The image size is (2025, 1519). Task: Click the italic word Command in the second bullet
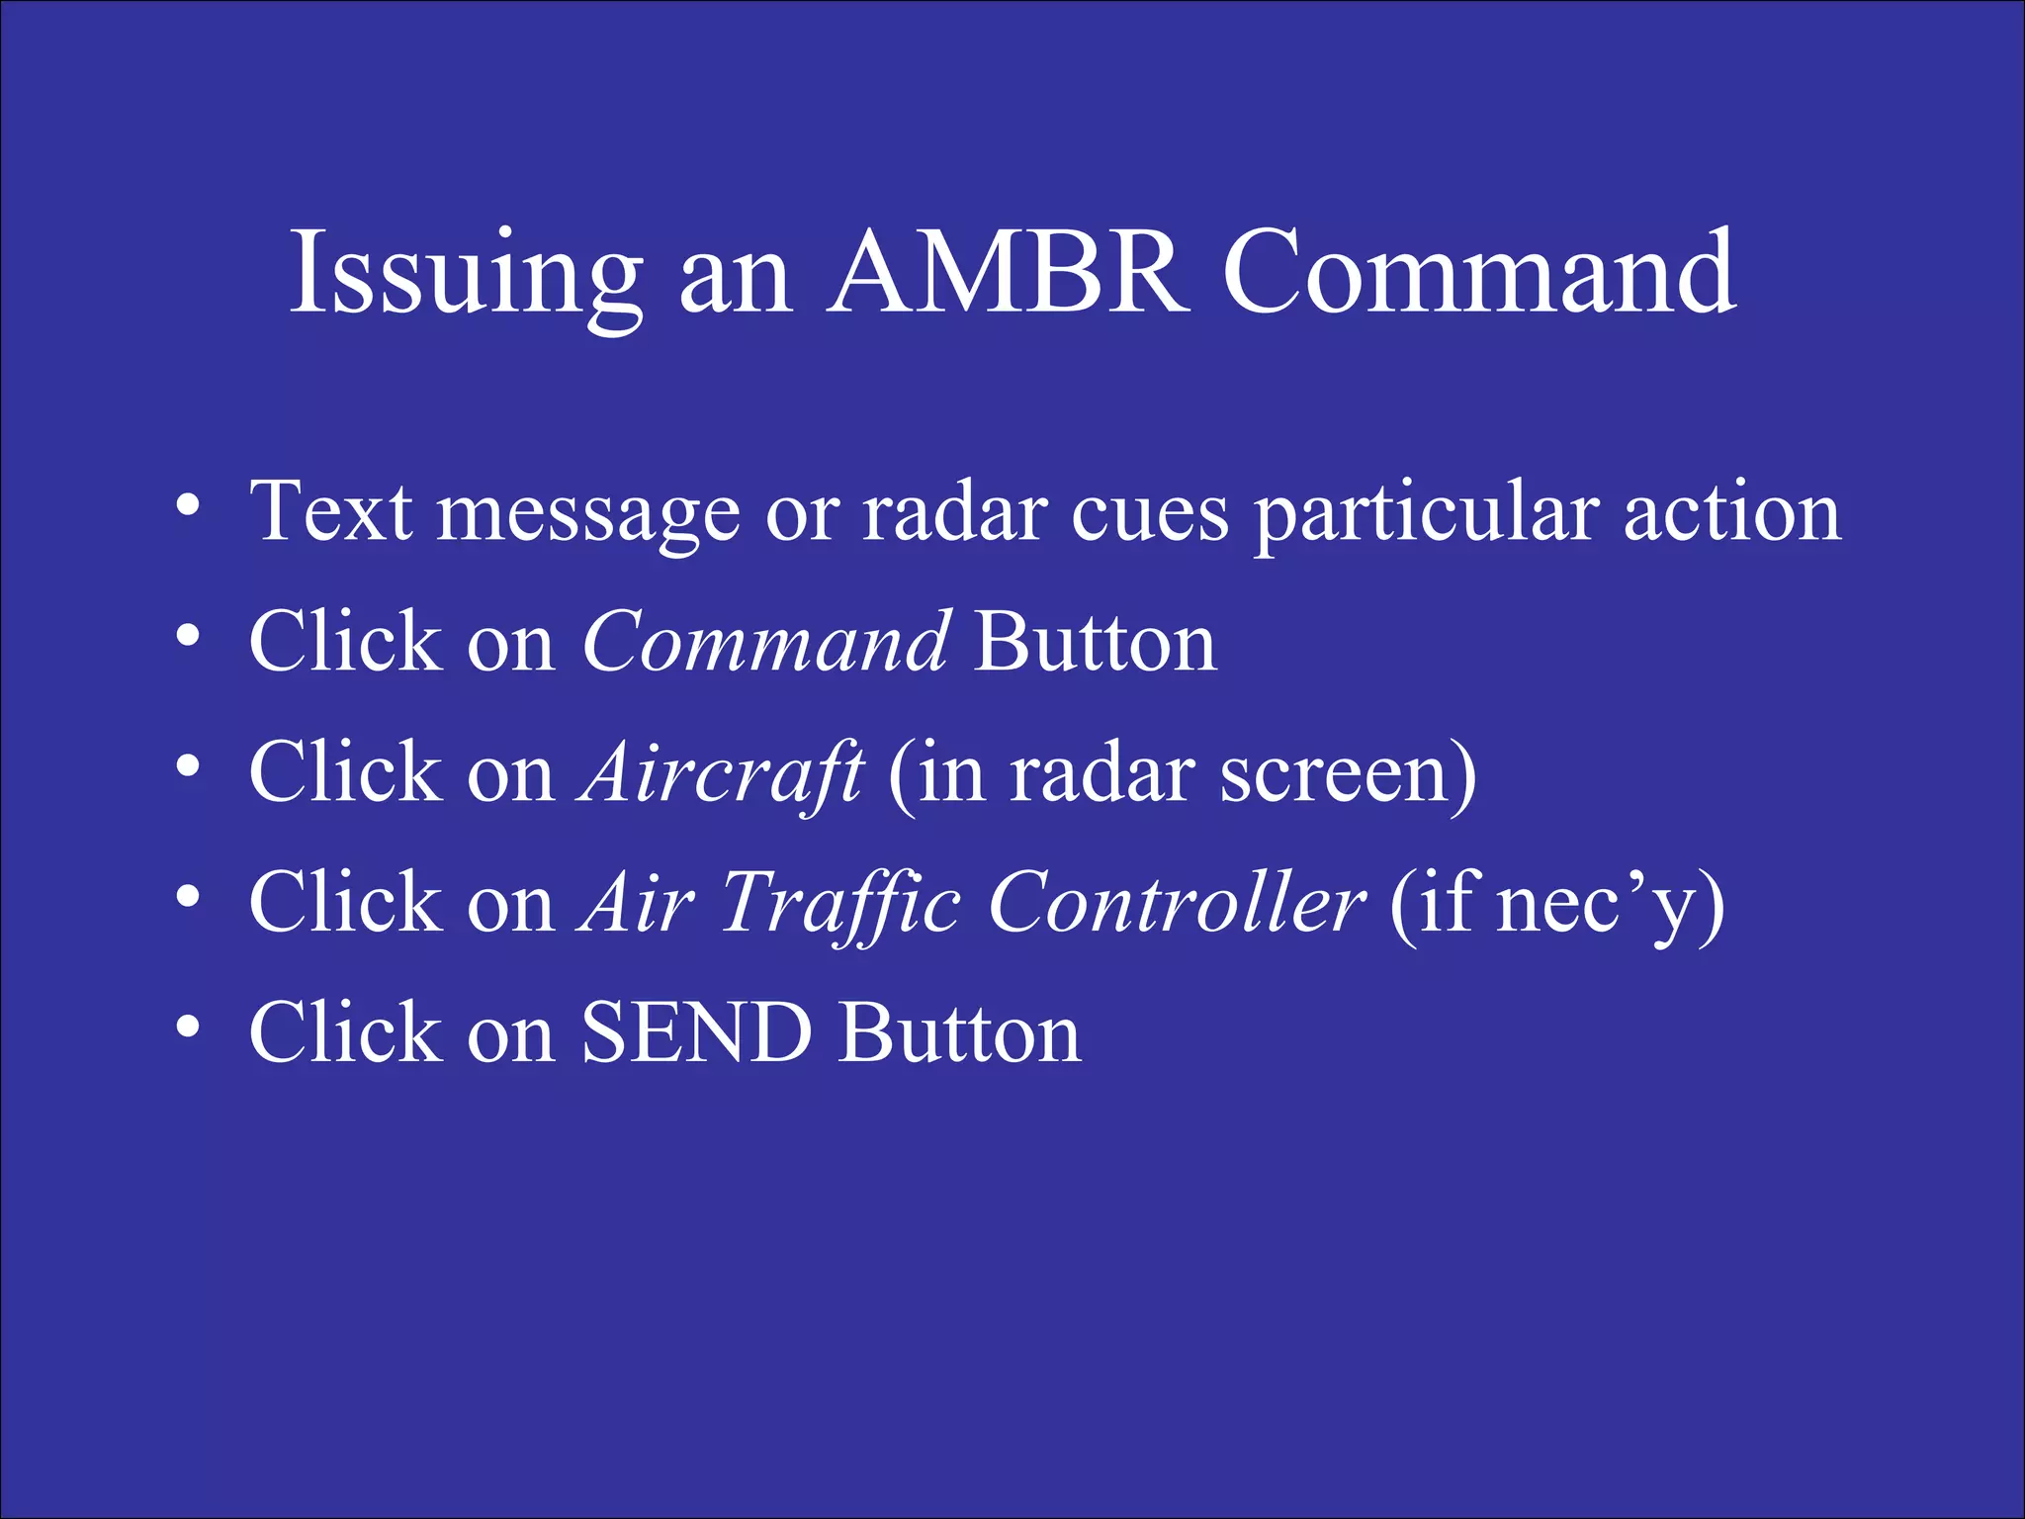click(x=766, y=643)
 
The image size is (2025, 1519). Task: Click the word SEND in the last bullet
click(x=696, y=1033)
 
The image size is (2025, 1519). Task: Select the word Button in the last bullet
click(x=960, y=1033)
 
